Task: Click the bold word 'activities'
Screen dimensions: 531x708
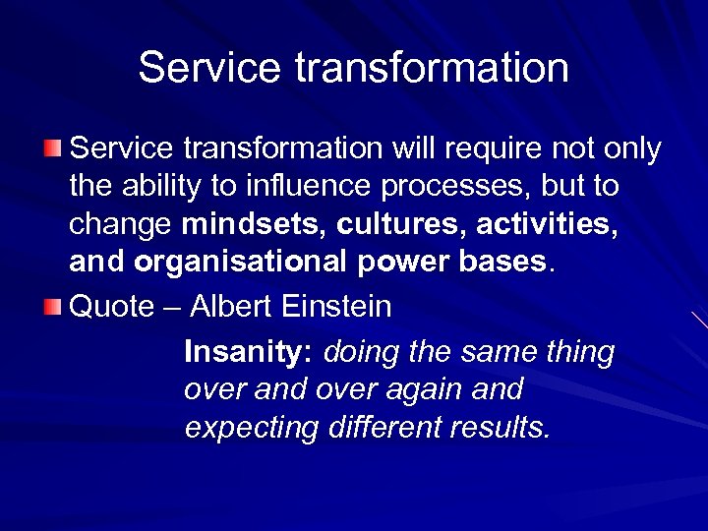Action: tap(547, 225)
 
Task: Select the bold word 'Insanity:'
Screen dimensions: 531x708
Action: tap(247, 352)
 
